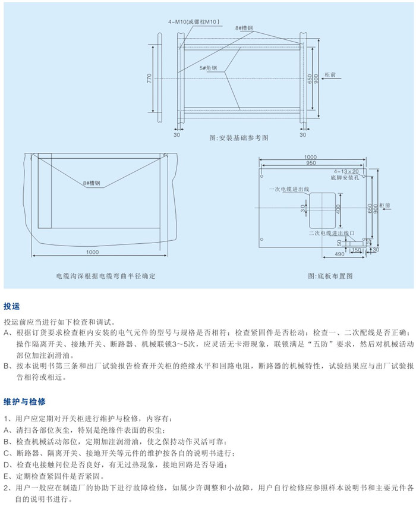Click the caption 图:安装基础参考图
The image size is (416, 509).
pyautogui.click(x=239, y=137)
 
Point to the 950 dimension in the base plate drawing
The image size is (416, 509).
pyautogui.click(x=310, y=162)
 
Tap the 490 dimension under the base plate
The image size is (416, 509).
pyautogui.click(x=336, y=254)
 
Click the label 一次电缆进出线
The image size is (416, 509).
pyautogui.click(x=289, y=188)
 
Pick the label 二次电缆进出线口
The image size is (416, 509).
pyautogui.click(x=332, y=233)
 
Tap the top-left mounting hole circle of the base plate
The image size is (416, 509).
pyautogui.click(x=262, y=177)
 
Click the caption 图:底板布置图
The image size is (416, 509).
pyautogui.click(x=330, y=277)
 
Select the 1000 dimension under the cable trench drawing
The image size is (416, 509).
pyautogui.click(x=92, y=252)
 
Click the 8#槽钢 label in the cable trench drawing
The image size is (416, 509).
pyautogui.click(x=92, y=183)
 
